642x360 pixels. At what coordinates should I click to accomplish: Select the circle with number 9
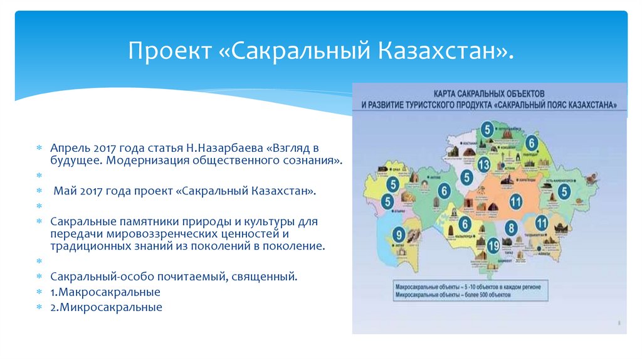click(x=399, y=235)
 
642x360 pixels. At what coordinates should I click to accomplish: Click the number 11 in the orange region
click(x=515, y=201)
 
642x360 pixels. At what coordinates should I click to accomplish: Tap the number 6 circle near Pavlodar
click(x=532, y=142)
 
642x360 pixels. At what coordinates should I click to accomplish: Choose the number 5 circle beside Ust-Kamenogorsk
click(x=565, y=191)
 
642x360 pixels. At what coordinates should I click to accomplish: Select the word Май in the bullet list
click(x=64, y=189)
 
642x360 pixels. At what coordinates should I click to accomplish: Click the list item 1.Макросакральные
click(x=106, y=292)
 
